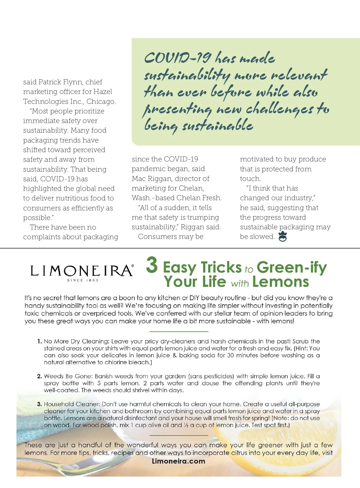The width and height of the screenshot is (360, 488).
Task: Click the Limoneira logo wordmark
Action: [x=81, y=271]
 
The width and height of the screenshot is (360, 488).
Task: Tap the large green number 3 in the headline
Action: [x=152, y=265]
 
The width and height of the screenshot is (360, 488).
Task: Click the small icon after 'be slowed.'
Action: [x=282, y=237]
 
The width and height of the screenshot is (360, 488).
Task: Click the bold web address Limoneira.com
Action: [x=178, y=461]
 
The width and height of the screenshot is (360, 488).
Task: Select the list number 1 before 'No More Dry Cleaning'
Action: [x=39, y=341]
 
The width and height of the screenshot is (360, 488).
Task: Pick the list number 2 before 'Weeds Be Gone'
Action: [x=39, y=376]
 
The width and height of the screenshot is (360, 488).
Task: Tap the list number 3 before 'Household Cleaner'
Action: [x=39, y=404]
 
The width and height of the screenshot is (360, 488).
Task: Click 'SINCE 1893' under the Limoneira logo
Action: [x=82, y=280]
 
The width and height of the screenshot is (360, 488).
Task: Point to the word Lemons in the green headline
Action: [x=280, y=282]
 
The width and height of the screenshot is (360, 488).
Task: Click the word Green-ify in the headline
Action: [x=292, y=267]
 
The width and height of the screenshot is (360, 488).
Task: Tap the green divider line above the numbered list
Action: [x=178, y=331]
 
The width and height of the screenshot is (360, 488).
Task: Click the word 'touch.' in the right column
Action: [x=250, y=179]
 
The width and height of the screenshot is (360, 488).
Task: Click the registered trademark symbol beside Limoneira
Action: [x=133, y=266]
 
